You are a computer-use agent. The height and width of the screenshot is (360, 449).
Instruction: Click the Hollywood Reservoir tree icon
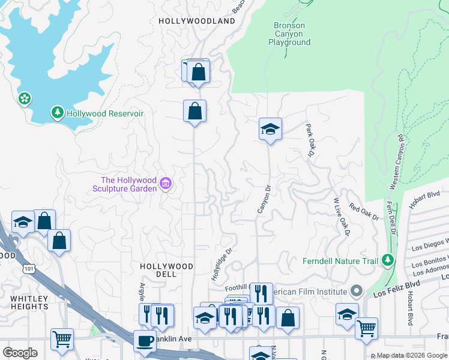[58, 113]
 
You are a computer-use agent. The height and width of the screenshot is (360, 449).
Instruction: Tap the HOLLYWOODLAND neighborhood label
[197, 21]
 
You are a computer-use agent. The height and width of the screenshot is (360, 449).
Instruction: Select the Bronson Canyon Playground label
[289, 34]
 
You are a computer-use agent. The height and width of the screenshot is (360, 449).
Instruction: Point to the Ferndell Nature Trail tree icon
[388, 260]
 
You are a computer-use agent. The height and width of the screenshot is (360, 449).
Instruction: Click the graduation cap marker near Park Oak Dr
[270, 128]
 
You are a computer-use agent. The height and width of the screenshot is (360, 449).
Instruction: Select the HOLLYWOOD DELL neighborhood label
[166, 270]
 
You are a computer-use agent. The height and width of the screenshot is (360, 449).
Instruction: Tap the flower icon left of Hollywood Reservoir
[25, 98]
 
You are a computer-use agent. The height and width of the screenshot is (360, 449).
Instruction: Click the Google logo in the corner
[20, 353]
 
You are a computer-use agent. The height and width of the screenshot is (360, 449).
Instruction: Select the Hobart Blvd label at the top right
[426, 196]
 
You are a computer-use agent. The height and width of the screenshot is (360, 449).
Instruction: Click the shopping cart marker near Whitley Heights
[62, 340]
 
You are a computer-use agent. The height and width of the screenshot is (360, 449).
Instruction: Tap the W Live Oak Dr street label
[341, 217]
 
